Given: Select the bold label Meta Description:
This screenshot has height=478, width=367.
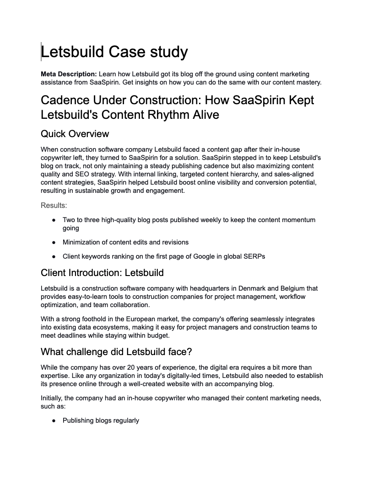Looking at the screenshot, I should point(69,74).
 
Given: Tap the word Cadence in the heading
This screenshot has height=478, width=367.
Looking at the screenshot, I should point(69,100).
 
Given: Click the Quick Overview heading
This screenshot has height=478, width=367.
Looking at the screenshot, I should point(75,134).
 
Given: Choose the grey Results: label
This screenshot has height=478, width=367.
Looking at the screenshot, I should point(54,206).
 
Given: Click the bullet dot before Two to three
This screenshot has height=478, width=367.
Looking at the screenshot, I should point(54,220).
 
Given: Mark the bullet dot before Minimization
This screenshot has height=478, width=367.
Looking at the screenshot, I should point(54,243).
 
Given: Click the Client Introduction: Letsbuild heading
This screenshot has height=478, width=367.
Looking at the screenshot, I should point(102,273).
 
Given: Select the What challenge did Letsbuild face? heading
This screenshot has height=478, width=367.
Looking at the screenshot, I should point(116,352).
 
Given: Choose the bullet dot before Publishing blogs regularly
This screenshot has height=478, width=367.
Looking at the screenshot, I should point(54,421).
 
